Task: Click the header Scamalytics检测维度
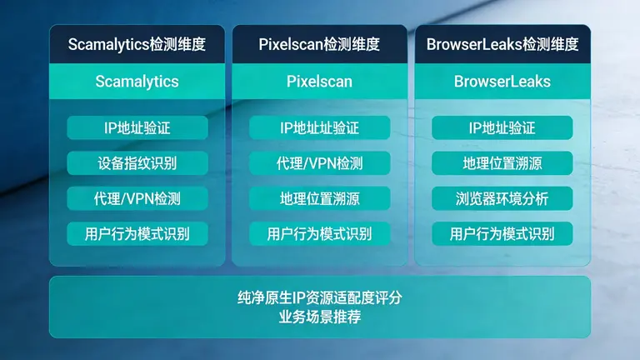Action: (137, 45)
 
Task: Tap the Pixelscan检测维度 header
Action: (319, 45)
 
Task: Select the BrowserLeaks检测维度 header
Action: (502, 45)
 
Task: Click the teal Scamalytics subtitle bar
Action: (137, 82)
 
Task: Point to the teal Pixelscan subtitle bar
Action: (319, 82)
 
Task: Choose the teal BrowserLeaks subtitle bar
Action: (502, 82)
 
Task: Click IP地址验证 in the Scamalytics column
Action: (137, 127)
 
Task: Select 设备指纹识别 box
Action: (137, 162)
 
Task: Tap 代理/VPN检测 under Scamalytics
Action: (137, 198)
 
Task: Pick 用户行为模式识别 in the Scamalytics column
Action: (137, 233)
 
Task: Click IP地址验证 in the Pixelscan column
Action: (319, 127)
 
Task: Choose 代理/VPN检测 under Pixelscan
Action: (319, 162)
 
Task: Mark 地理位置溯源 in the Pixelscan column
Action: (319, 198)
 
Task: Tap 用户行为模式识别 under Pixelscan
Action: (319, 233)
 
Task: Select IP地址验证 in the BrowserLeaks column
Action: (502, 127)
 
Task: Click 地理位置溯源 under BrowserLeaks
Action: (502, 162)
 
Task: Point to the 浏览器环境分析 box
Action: (502, 198)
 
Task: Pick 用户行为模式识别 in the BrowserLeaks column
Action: (502, 233)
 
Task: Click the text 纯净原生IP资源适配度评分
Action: (320, 297)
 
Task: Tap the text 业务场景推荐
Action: (320, 317)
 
